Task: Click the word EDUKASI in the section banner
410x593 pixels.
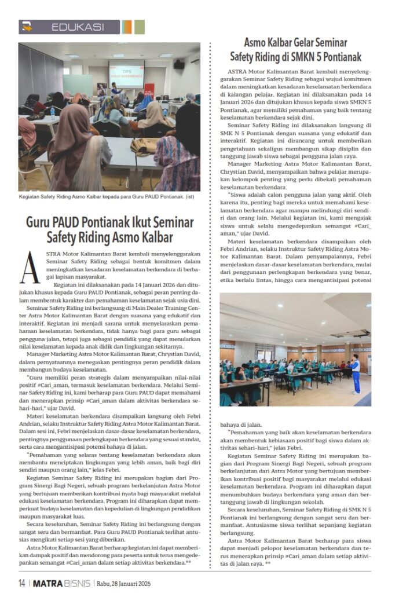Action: click(78, 27)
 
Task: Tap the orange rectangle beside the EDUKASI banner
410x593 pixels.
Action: click(126, 27)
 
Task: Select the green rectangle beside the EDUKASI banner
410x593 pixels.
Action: click(139, 27)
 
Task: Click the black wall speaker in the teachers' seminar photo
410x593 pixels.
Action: click(179, 65)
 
